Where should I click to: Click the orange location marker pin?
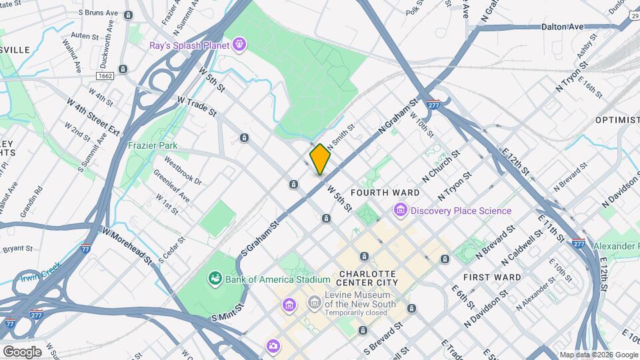click(x=320, y=159)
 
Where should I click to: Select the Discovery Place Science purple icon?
click(x=401, y=211)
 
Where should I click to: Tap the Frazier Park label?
click(x=152, y=145)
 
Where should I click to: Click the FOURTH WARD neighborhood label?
click(x=395, y=193)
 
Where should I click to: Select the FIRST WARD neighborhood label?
click(x=491, y=277)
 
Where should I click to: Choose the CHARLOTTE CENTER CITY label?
click(x=368, y=278)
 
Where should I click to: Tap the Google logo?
click(x=22, y=351)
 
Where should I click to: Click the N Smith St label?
click(x=340, y=135)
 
